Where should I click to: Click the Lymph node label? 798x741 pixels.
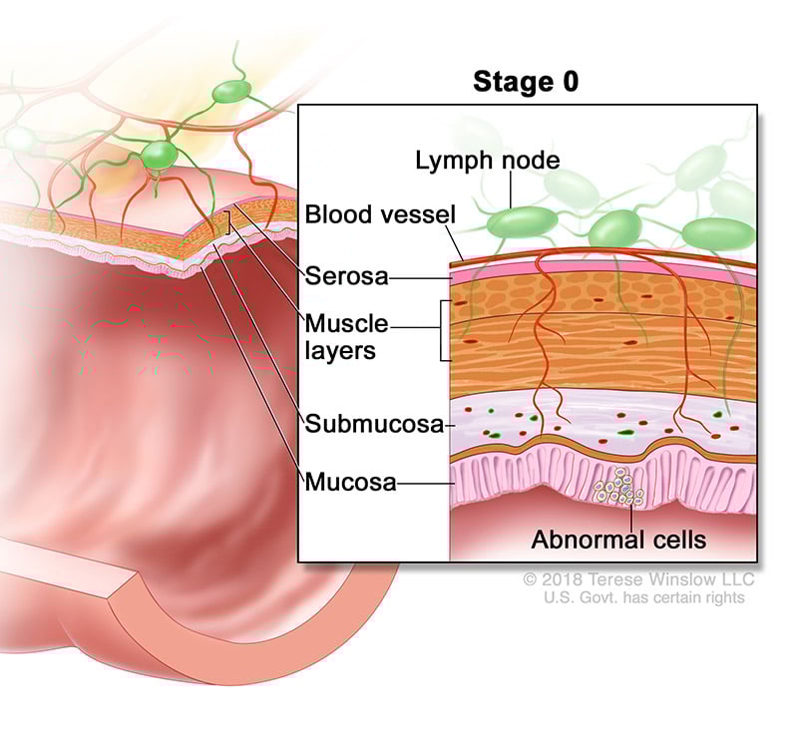[474, 161]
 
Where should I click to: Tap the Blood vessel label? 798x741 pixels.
[366, 214]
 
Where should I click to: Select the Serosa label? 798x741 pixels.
[346, 275]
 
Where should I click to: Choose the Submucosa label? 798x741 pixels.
[374, 425]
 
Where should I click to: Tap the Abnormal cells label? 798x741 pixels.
[618, 541]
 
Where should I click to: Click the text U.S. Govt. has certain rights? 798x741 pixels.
[643, 597]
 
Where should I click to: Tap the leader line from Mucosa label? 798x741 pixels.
[424, 484]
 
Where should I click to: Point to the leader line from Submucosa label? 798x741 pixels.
[448, 425]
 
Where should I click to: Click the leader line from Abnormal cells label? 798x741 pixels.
[630, 515]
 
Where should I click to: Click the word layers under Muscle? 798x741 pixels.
[340, 350]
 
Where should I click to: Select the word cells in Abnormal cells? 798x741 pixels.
[676, 541]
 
